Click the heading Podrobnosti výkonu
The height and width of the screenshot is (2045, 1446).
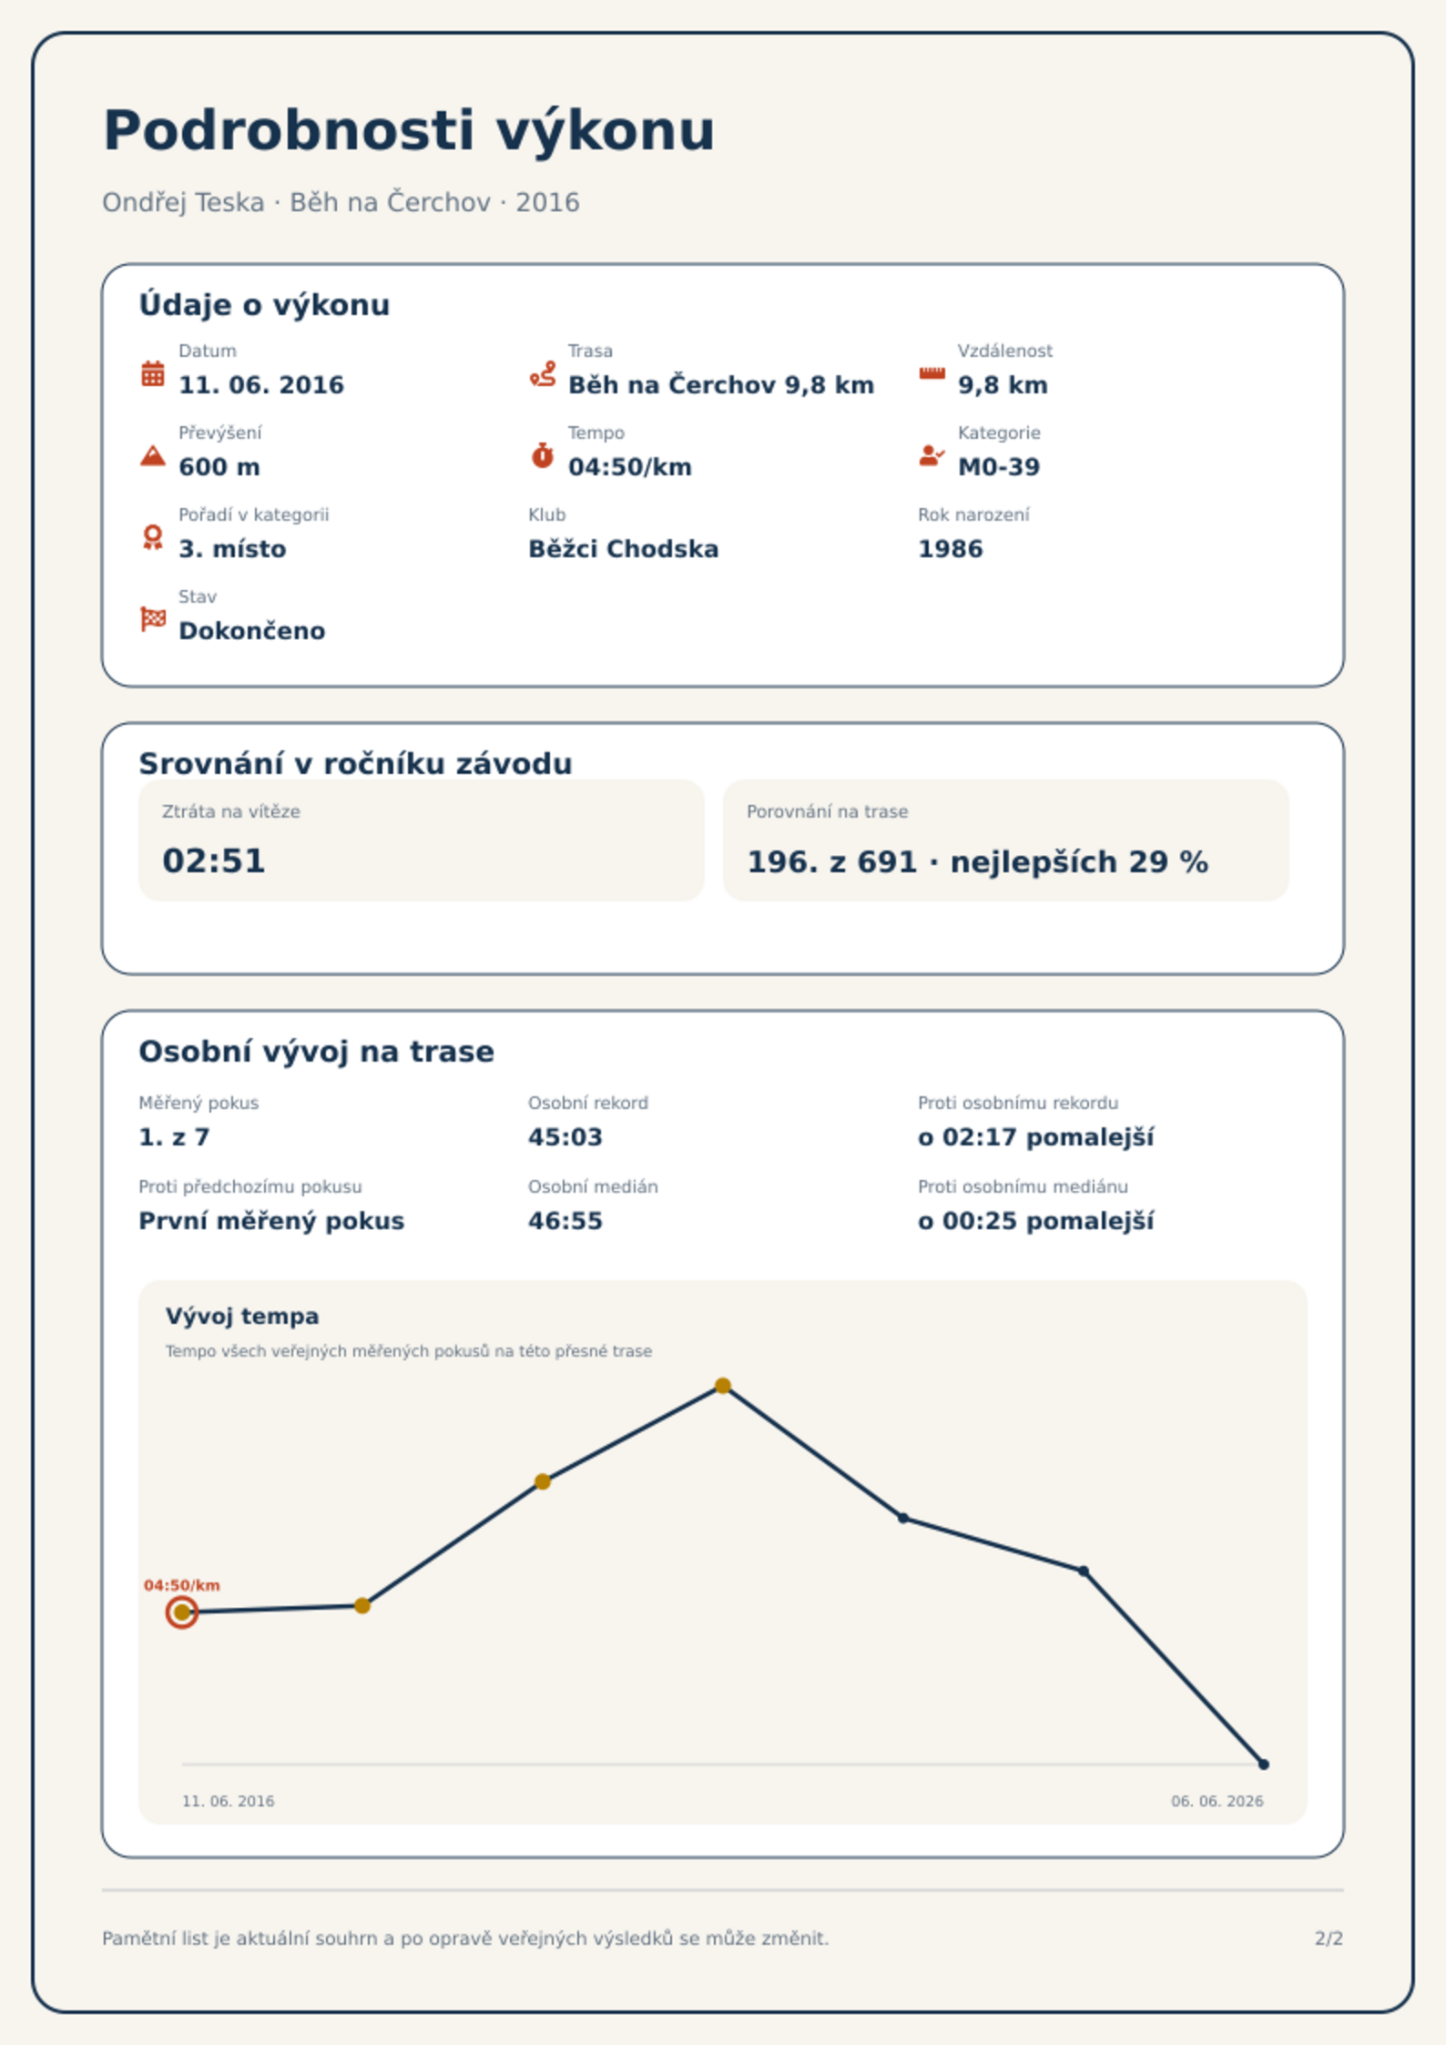click(x=409, y=131)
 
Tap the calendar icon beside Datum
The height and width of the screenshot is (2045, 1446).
click(x=153, y=373)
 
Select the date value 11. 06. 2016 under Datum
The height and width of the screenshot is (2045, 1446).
click(x=261, y=385)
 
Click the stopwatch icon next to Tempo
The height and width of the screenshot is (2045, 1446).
click(x=543, y=455)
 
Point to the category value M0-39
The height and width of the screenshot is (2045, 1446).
click(x=999, y=467)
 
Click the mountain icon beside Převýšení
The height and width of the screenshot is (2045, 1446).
click(x=153, y=455)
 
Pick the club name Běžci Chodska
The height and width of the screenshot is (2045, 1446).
click(x=624, y=549)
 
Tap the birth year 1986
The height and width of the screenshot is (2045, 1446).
click(x=951, y=549)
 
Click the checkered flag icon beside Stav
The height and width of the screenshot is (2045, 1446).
click(x=153, y=619)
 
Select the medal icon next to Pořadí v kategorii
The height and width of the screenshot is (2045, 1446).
click(x=153, y=537)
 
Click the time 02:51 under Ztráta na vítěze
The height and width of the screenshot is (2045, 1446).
click(x=214, y=861)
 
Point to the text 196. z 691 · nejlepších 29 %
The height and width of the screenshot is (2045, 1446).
click(x=978, y=861)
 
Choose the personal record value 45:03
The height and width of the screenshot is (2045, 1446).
click(x=565, y=1137)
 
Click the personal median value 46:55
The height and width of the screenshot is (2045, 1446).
click(x=565, y=1221)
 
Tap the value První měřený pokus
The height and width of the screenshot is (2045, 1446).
click(x=271, y=1221)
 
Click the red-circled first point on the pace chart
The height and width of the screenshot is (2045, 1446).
click(x=182, y=1613)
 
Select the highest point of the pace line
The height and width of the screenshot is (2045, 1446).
click(x=723, y=1386)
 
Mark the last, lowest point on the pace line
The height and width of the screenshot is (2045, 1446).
click(x=1264, y=1765)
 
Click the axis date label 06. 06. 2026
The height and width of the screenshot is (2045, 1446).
click(x=1217, y=1801)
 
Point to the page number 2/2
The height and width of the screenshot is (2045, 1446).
click(x=1329, y=1938)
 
